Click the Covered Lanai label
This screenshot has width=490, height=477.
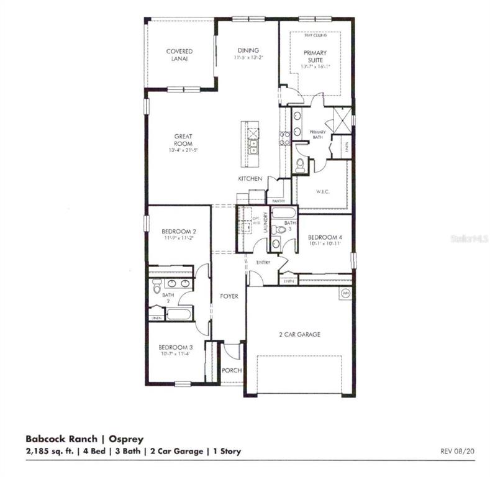179,55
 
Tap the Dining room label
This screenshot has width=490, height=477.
248,50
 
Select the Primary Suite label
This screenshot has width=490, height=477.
315,57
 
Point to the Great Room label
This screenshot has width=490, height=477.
183,140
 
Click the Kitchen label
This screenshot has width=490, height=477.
251,179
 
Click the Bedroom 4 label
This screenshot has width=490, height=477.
324,237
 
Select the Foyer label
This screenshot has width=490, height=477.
229,296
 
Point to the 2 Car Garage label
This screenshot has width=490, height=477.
299,334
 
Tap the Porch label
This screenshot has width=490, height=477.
232,370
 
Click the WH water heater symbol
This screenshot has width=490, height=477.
345,293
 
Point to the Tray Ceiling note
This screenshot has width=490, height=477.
315,36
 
